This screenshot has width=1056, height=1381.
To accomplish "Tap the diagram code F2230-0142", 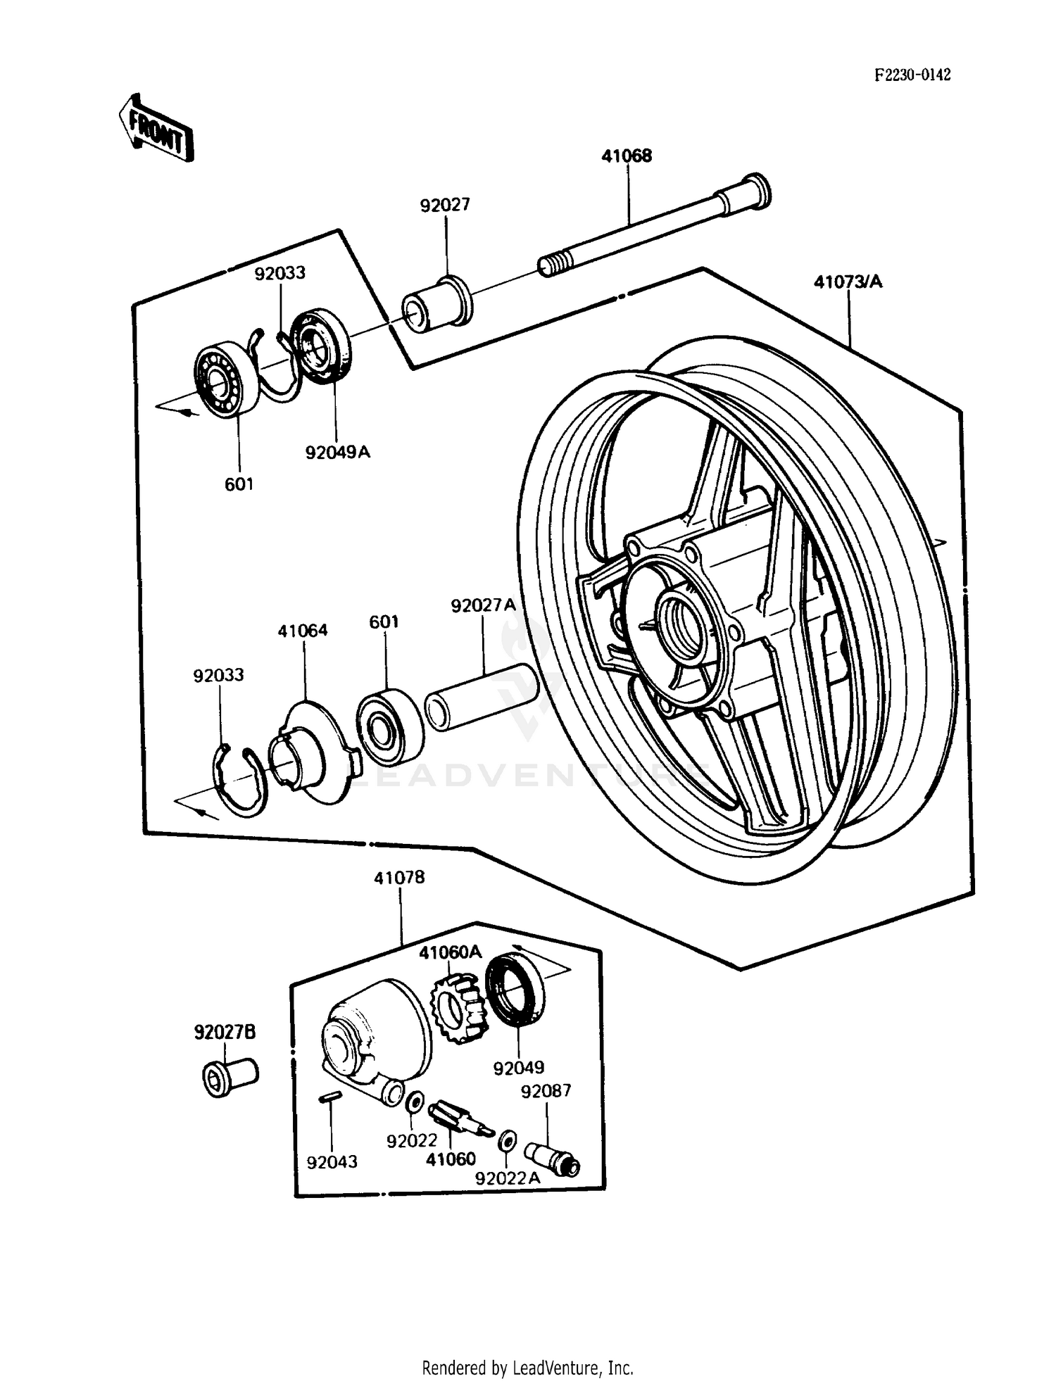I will [912, 75].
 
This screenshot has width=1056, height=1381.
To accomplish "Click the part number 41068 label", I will [626, 156].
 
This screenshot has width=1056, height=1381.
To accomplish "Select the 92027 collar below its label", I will [437, 305].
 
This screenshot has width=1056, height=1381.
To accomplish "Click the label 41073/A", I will [848, 282].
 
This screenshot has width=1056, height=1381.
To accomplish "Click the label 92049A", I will [337, 452].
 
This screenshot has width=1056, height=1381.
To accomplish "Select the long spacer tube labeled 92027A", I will [482, 698].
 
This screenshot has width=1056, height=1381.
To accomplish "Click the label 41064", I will [303, 631].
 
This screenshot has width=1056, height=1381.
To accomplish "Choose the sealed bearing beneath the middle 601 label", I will [389, 727].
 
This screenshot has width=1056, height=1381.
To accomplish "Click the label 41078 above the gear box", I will [399, 878].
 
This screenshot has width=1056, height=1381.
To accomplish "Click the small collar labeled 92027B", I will [227, 1076].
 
